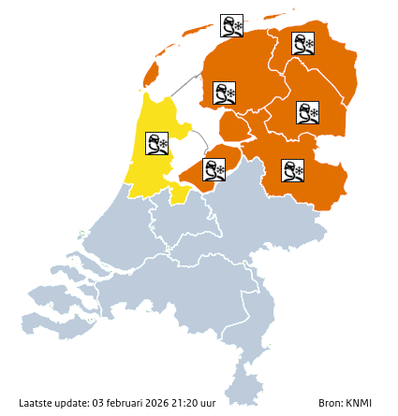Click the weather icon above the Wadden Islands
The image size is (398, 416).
231,25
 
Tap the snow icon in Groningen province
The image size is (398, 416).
302,43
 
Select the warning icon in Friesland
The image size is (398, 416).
224,93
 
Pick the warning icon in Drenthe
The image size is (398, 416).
307,113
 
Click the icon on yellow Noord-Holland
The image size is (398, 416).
156,143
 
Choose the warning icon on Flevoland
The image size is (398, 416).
214,169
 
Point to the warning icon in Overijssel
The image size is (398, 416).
292,170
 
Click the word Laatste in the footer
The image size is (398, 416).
37,403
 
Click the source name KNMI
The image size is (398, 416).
359,403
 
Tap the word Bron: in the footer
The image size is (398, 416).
331,403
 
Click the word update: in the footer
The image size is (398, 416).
73,403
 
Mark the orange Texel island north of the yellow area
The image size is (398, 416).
152,74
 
